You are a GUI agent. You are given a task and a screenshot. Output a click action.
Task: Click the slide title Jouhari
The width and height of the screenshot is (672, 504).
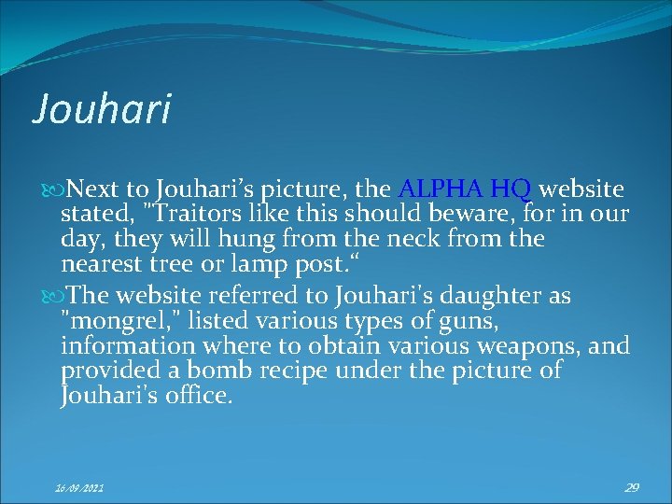click(x=103, y=108)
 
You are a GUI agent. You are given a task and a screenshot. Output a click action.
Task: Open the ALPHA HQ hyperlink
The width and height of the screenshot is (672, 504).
click(x=465, y=190)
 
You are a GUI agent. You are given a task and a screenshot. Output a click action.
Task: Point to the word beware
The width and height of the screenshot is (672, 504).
click(x=466, y=215)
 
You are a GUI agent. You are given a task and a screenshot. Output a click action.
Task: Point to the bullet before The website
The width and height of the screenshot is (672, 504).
click(x=53, y=298)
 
